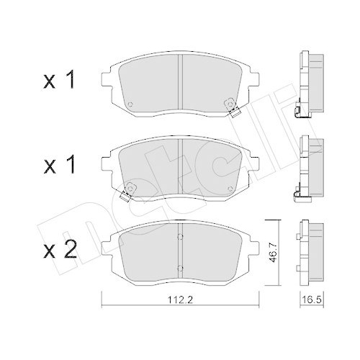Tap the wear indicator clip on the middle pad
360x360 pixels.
point(128,192)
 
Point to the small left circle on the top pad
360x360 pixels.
point(130,103)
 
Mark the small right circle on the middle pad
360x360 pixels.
point(230,186)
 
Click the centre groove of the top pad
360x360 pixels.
point(180,85)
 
